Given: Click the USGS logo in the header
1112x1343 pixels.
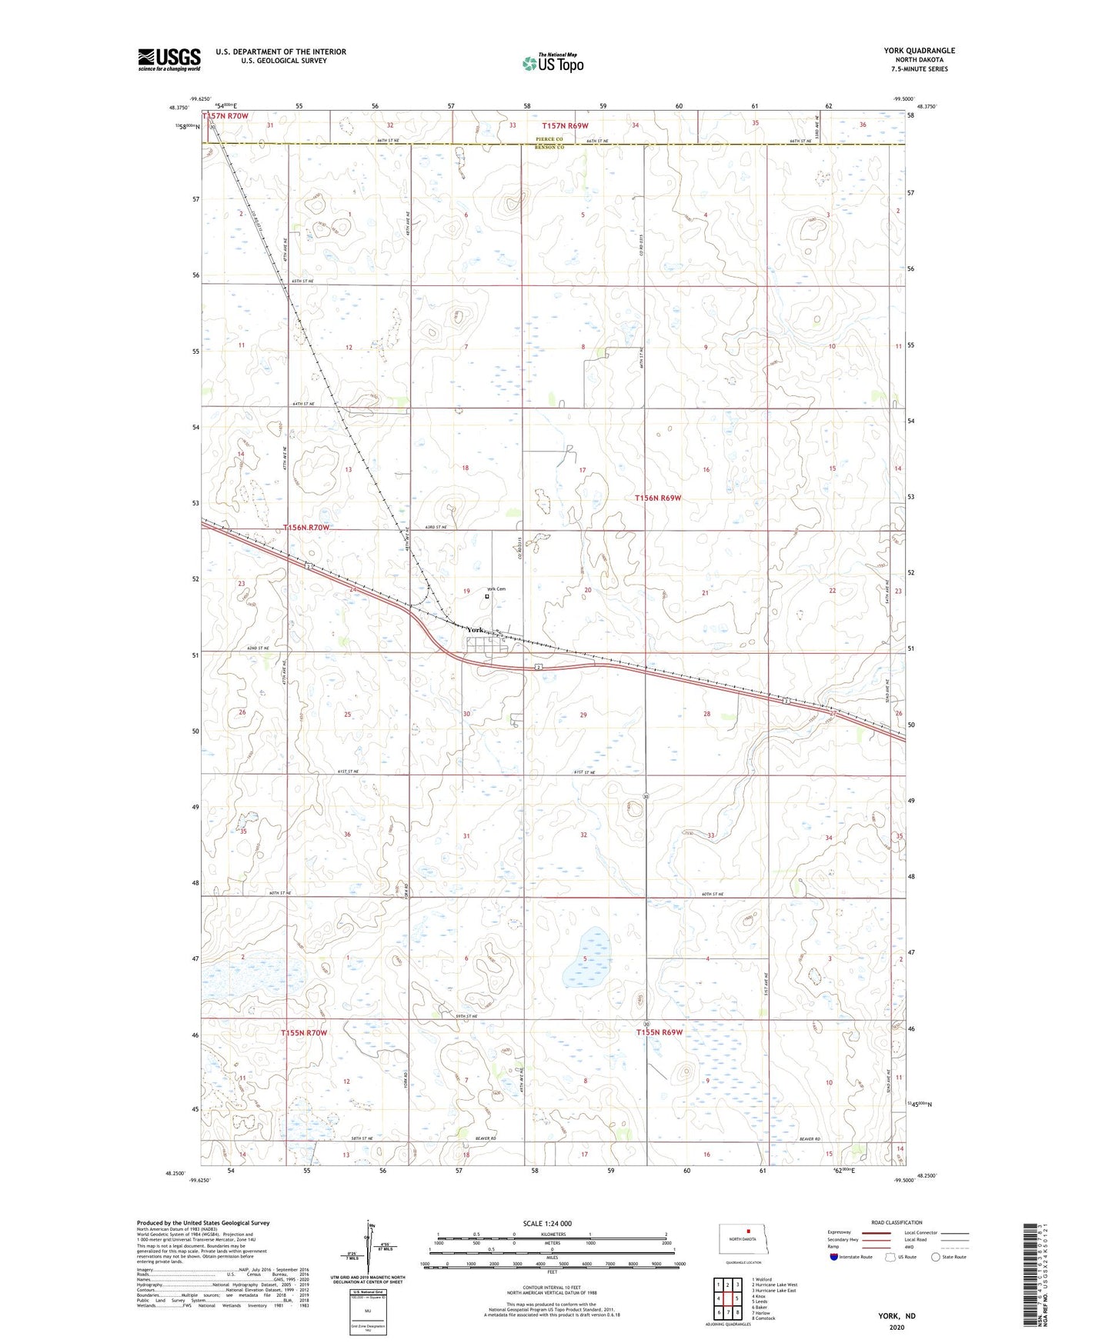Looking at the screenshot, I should coord(169,59).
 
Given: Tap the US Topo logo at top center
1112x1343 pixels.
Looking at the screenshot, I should coord(553,63).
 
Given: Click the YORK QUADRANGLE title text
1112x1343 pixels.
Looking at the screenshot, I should coord(919,51).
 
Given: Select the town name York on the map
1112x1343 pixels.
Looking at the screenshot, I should coord(476,630).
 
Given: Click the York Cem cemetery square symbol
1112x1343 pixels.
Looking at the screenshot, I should coord(487,596).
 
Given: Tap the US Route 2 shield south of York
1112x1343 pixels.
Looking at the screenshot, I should coord(539,667).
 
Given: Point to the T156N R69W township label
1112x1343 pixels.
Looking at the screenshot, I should coord(658,498).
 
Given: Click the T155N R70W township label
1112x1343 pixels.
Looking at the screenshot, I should coord(304,1032).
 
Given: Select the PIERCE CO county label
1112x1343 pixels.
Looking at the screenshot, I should coord(549,139).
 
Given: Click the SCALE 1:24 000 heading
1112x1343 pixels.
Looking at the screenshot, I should coord(547,1223).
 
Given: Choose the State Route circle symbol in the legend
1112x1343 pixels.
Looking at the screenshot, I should coord(936,1257).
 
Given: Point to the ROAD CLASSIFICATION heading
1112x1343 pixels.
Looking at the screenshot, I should coord(897,1222).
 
